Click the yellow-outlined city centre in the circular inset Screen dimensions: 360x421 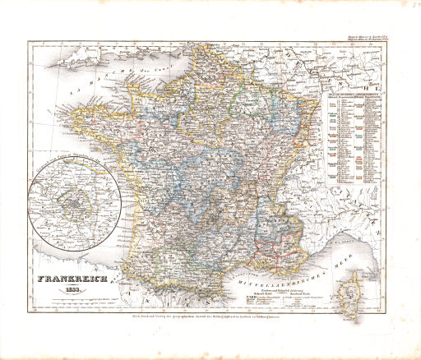pyautogui.click(x=72, y=196)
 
